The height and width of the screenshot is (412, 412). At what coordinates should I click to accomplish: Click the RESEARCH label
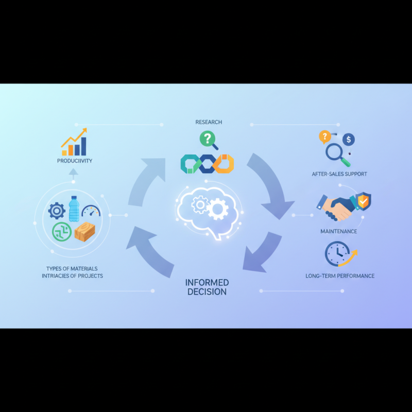[209, 122]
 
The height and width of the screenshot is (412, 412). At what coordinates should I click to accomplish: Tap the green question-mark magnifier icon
[209, 140]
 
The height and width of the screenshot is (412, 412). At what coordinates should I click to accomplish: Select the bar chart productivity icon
[74, 142]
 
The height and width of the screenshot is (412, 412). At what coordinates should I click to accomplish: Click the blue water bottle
[74, 209]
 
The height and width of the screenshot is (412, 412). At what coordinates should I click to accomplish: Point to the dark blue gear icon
[57, 211]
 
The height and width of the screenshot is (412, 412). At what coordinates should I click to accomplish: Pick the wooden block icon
[84, 232]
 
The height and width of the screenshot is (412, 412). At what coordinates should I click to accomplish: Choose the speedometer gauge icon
[91, 211]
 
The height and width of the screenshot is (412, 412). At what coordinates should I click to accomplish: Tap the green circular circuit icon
[62, 232]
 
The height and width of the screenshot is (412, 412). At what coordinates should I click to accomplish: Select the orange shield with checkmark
[363, 201]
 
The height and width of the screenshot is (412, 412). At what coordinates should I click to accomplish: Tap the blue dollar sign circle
[349, 139]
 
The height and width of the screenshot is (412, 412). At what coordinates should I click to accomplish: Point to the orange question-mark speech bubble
[325, 137]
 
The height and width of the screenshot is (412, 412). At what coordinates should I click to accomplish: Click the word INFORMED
[207, 283]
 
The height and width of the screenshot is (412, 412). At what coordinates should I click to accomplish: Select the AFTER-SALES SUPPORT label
[339, 174]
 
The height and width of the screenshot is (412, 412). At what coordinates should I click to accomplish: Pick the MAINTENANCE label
[339, 231]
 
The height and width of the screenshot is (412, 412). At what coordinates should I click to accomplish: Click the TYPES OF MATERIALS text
[72, 269]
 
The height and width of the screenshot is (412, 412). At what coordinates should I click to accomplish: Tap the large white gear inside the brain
[217, 209]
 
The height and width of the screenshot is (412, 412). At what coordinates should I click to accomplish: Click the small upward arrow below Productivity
[73, 174]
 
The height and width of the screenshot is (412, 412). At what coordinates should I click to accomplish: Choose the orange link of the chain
[224, 164]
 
